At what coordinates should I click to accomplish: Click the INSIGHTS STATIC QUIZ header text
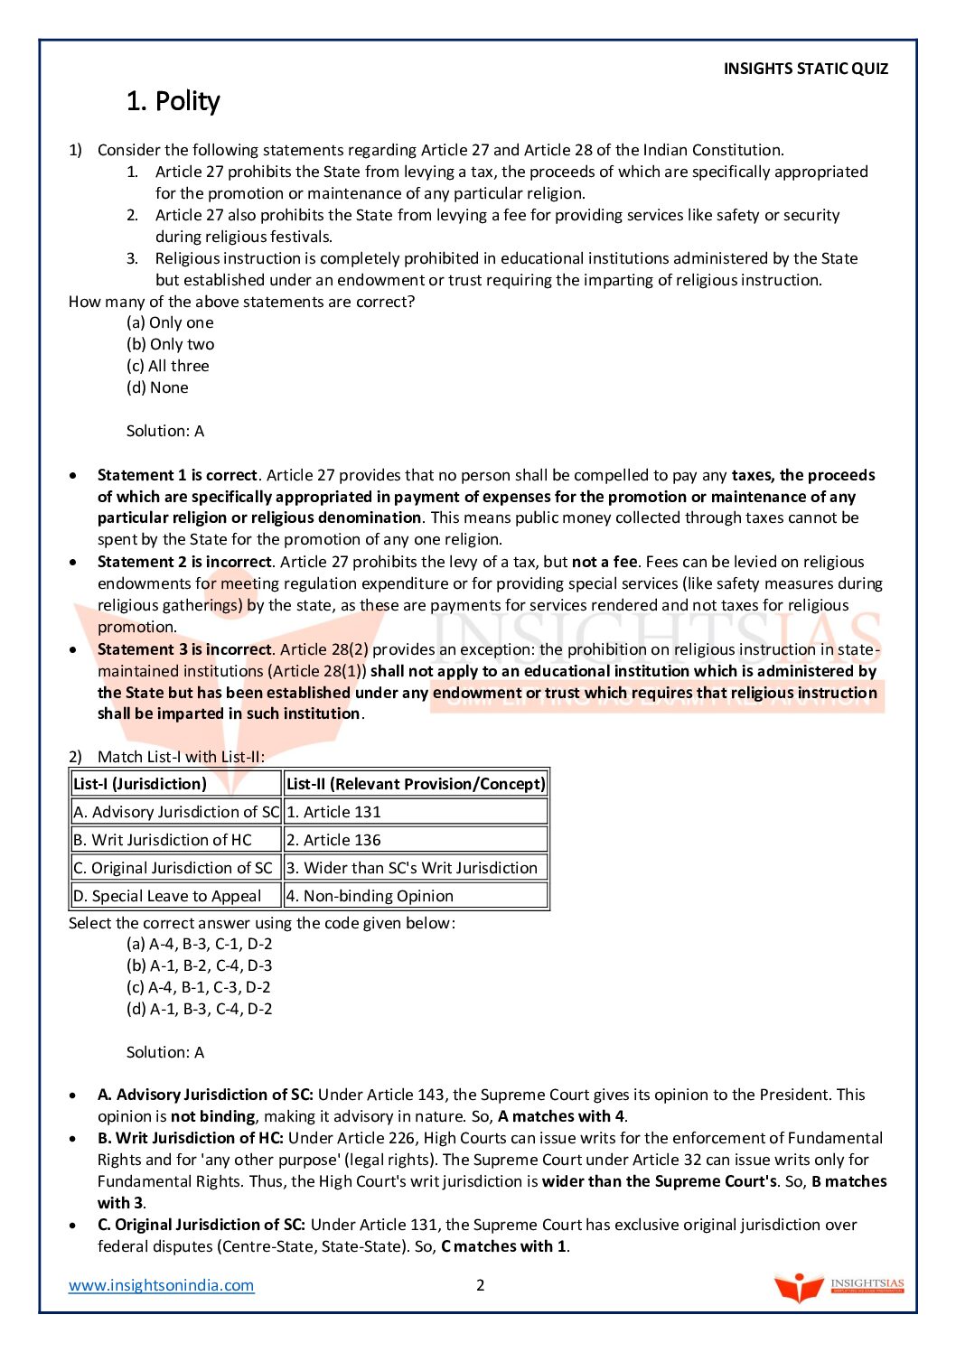coord(805,69)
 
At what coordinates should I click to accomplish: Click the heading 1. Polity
coord(173,101)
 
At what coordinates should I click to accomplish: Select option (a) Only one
coord(170,322)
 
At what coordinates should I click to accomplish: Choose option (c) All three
coord(168,366)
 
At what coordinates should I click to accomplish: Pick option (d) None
coord(157,387)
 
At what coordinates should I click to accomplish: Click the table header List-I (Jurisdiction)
coord(140,784)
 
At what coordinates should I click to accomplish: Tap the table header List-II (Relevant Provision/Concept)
coord(416,784)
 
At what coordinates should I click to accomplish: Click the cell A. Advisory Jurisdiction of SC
coord(176,812)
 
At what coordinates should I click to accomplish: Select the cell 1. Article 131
coord(333,812)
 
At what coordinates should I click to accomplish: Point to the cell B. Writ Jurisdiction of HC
coord(163,840)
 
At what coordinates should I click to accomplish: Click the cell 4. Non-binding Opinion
coord(370,896)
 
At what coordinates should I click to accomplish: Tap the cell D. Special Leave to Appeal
coord(167,896)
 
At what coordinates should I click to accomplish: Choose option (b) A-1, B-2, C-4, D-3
coord(199,965)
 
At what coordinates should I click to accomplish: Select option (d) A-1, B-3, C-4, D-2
coord(199,1009)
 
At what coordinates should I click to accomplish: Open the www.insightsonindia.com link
coord(162,1285)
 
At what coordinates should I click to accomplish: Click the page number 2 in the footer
coord(481,1285)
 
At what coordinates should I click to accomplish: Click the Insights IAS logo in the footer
coord(839,1287)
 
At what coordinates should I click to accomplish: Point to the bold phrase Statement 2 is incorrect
coord(184,562)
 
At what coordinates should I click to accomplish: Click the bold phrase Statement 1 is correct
coord(177,475)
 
